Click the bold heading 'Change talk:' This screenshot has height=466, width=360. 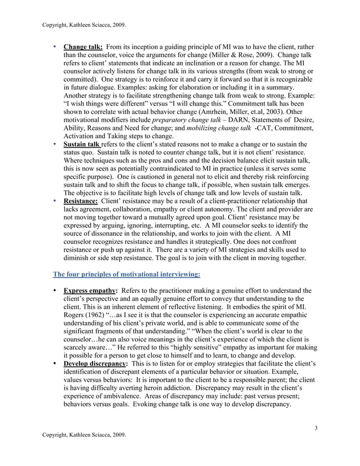pos(79,47)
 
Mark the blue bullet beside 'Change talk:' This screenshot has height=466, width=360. pos(54,47)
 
